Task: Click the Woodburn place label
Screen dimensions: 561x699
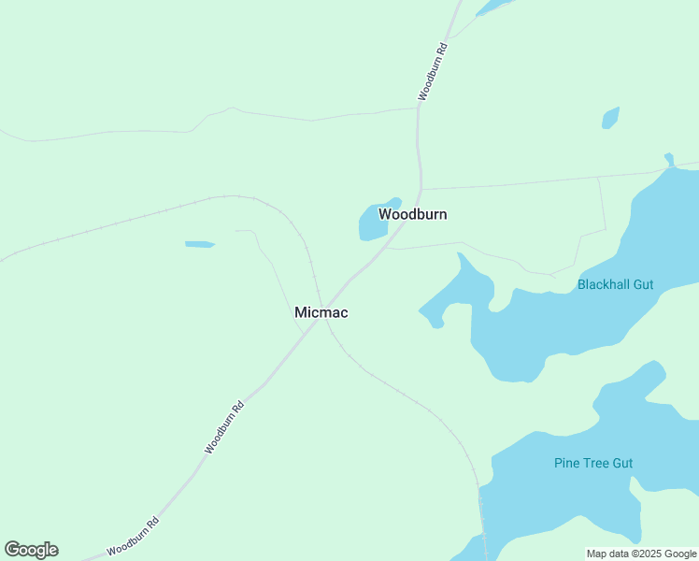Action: coord(412,214)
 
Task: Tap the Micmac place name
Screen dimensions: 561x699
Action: coord(321,312)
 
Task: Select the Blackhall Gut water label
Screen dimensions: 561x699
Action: coord(615,284)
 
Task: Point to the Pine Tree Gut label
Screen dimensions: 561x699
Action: coord(592,463)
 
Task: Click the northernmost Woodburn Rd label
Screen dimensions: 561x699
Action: coord(434,71)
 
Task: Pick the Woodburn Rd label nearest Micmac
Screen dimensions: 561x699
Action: coord(224,427)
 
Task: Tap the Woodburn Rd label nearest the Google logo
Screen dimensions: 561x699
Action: coord(133,537)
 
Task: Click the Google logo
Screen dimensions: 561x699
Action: coord(31,550)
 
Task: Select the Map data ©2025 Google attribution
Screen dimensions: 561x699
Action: coord(641,554)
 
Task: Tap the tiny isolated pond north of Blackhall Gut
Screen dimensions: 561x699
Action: coord(610,118)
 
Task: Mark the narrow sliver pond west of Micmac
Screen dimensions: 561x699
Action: coord(200,245)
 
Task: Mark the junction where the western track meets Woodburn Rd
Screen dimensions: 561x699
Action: coord(417,108)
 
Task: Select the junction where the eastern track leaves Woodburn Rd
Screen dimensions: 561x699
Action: coord(421,189)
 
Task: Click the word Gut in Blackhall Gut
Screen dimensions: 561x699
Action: coord(643,284)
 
